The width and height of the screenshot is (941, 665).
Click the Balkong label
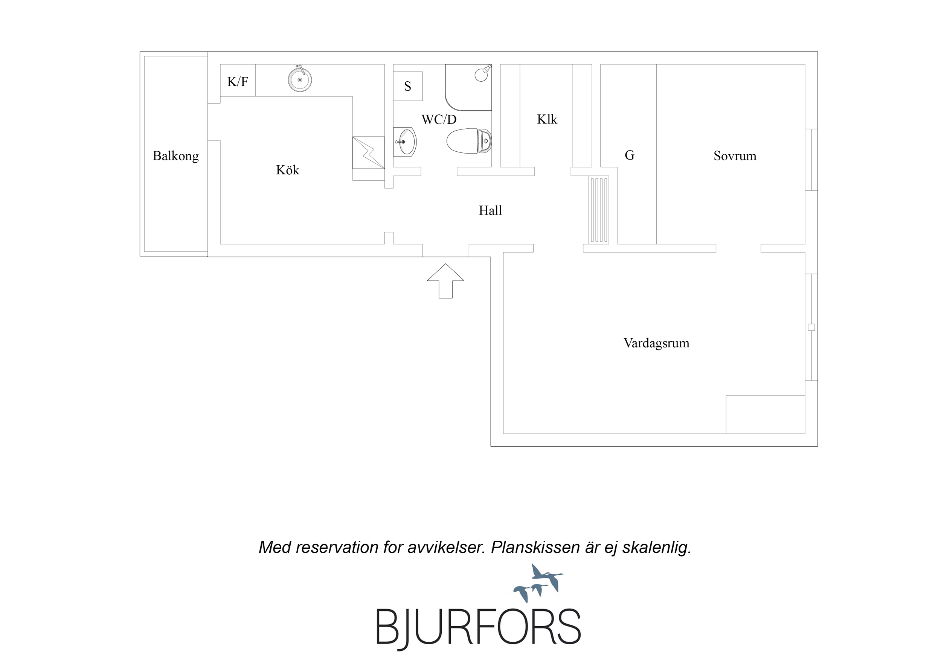[x=175, y=156]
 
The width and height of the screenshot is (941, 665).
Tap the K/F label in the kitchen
[x=237, y=82]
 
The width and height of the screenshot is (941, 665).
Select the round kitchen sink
[x=300, y=79]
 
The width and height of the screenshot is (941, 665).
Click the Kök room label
[x=287, y=170]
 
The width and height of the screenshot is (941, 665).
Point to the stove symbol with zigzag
[x=368, y=152]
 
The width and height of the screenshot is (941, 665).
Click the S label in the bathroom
[x=407, y=86]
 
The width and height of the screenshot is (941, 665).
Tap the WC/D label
[x=439, y=119]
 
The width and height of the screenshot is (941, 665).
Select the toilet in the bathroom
[x=469, y=141]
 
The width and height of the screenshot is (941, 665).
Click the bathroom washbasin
[x=405, y=142]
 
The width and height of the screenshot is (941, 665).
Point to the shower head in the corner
[x=482, y=73]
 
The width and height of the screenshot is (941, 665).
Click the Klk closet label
[x=547, y=119]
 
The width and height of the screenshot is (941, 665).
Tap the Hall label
[x=490, y=210]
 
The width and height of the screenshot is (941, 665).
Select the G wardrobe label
[x=630, y=155]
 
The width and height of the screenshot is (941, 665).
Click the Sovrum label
[x=735, y=156]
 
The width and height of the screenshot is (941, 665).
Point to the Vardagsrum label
[x=656, y=343]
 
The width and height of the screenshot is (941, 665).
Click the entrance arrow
[x=445, y=281]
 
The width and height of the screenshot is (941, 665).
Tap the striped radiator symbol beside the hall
[x=599, y=210]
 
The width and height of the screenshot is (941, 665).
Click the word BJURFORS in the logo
[x=478, y=628]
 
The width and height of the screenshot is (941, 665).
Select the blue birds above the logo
[x=538, y=583]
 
